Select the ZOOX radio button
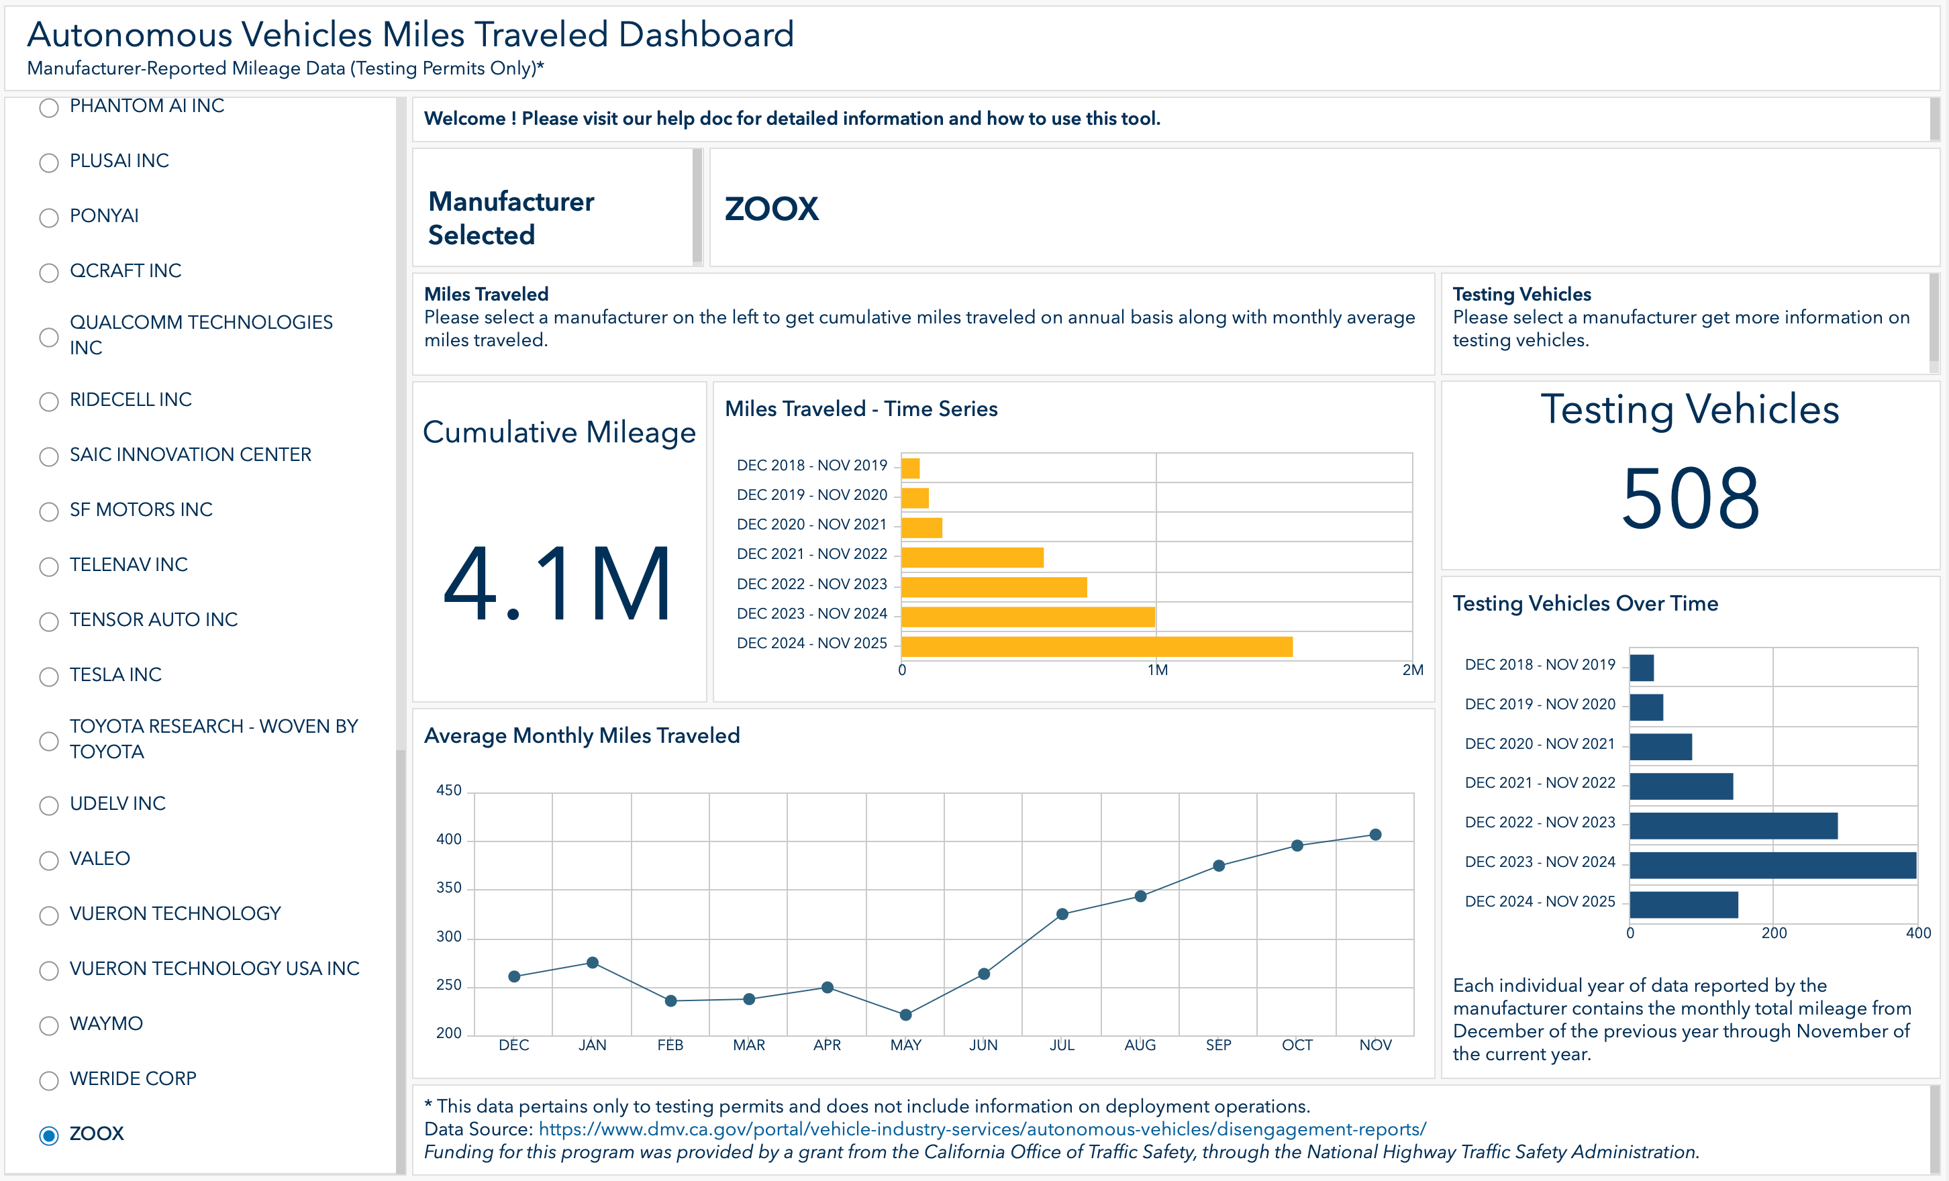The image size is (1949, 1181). [49, 1135]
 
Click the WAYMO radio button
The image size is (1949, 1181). [49, 1025]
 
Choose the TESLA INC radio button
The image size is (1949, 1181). [49, 676]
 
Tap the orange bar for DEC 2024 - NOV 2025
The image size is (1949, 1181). [1097, 646]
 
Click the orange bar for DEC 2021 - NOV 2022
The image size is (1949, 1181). [972, 557]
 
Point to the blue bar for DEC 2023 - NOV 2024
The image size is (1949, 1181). [1772, 864]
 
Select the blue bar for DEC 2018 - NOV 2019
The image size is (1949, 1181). [1642, 668]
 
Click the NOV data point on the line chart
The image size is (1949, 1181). [1376, 835]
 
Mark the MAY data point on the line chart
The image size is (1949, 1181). [905, 1015]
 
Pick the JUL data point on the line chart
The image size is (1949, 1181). [1062, 915]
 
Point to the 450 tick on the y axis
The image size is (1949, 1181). [448, 790]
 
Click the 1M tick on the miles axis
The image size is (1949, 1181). [1157, 670]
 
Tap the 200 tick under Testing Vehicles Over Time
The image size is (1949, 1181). [1775, 933]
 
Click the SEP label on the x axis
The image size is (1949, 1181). [1218, 1045]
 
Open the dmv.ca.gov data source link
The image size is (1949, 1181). [983, 1129]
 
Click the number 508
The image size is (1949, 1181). [1691, 499]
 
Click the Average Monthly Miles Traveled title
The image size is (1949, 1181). [582, 735]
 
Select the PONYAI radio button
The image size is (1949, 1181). [49, 217]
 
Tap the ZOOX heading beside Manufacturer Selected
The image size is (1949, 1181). [771, 209]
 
